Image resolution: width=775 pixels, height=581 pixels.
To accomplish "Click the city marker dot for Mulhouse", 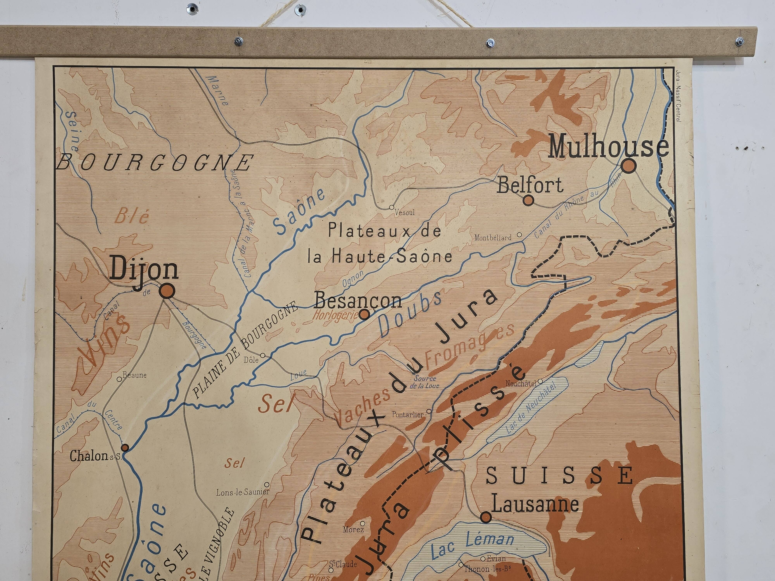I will click(x=629, y=166).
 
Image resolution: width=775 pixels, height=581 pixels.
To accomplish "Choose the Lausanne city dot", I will click(x=486, y=517).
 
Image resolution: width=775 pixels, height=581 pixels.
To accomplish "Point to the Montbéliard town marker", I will click(x=519, y=235).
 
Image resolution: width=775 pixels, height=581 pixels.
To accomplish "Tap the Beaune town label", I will click(x=135, y=375).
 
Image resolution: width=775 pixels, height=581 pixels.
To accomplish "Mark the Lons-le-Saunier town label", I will click(x=242, y=492).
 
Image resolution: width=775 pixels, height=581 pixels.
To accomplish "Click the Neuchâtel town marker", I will click(x=540, y=381).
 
